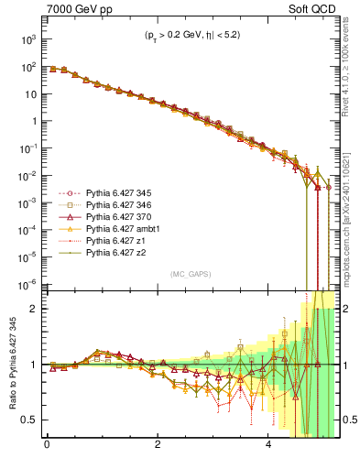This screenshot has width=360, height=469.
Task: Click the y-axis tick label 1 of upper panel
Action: (x=31, y=121)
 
